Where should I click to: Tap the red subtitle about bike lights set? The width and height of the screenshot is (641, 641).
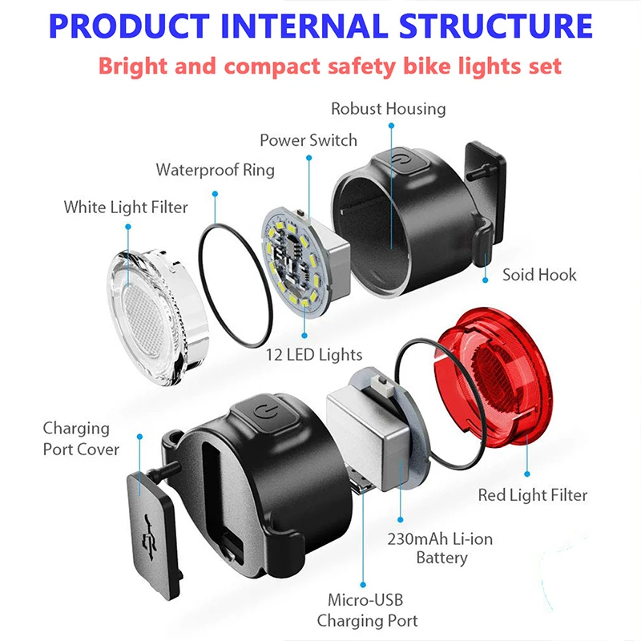point(330,65)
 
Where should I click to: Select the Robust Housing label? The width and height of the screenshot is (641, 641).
point(389,108)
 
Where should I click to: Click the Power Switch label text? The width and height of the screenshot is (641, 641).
point(308,140)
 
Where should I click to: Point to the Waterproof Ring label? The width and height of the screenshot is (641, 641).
point(215,170)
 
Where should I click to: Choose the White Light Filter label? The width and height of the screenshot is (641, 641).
point(126,208)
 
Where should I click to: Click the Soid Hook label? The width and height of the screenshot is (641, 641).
point(538,275)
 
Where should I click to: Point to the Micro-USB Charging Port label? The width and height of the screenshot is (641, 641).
point(365,610)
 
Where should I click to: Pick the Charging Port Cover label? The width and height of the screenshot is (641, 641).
point(80,438)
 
